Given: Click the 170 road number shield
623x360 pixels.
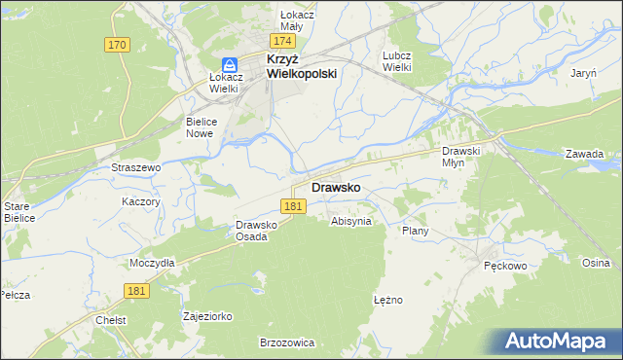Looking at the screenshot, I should (118, 45).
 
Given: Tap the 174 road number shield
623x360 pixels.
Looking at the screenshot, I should (283, 42).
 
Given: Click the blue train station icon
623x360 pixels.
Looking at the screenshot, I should (226, 64).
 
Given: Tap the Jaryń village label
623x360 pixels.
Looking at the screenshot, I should (584, 73).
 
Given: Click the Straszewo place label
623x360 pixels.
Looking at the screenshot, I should (135, 167).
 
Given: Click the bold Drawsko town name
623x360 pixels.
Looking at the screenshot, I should (337, 187).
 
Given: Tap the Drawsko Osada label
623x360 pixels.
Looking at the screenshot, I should (258, 231).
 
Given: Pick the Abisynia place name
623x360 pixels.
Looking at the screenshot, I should (351, 221).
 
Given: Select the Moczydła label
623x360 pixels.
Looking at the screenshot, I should (152, 263).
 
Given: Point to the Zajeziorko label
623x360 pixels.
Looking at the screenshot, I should (207, 316).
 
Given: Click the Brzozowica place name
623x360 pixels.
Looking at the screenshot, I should (287, 342).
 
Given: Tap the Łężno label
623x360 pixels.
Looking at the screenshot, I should (387, 300).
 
